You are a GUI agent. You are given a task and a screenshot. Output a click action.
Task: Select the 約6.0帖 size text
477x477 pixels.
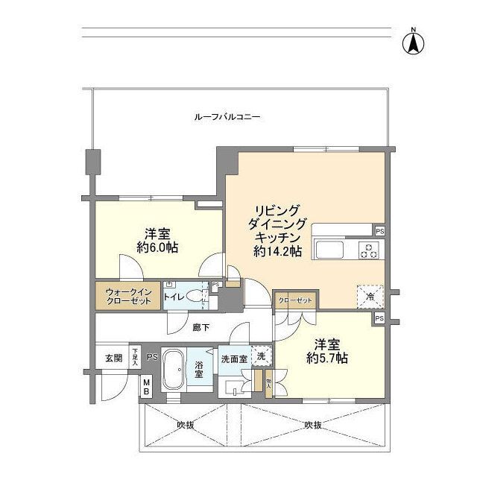point(157,247)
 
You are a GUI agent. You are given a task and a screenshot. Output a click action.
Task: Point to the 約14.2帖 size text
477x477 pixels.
point(277,252)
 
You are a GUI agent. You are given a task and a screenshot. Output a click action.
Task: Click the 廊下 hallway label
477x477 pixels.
point(200,327)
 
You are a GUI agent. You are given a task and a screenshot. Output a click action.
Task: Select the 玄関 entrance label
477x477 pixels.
point(112,357)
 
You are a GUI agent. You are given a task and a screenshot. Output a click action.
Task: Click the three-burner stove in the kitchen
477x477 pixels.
point(368,250)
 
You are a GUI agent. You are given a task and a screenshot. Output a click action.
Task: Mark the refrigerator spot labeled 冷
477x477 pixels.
point(370,296)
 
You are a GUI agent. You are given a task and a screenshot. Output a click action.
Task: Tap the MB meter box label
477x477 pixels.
point(147,388)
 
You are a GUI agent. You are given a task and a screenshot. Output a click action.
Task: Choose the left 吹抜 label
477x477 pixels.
point(186,425)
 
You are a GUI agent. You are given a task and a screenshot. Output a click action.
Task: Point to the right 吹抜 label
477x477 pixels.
point(313,425)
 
